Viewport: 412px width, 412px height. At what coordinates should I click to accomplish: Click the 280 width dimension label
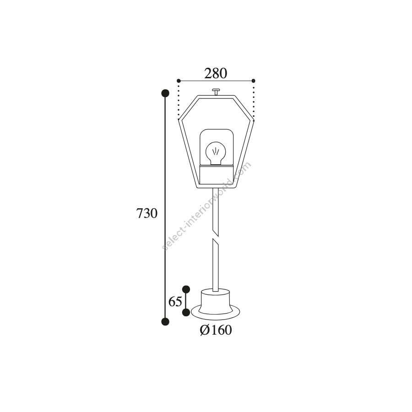point(216,74)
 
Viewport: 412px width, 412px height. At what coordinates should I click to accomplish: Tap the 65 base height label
point(175,301)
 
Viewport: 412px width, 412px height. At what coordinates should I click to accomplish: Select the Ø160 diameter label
point(216,330)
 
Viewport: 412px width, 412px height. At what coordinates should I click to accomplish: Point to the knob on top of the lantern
point(216,92)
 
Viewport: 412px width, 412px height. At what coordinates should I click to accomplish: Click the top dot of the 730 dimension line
point(165,93)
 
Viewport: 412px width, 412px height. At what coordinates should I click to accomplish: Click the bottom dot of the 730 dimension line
point(165,321)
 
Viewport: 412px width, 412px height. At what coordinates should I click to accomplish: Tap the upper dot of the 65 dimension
point(186,289)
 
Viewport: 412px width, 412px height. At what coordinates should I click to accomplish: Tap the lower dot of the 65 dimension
point(186,312)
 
